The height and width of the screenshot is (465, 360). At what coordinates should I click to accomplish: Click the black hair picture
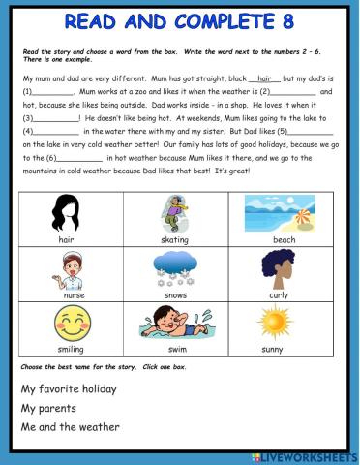tap(67, 211)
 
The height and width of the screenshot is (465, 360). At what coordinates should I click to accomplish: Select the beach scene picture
tap(283, 211)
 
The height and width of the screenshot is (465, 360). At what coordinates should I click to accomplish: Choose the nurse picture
tap(67, 268)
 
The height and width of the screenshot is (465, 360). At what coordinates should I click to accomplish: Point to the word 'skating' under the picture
tap(175, 238)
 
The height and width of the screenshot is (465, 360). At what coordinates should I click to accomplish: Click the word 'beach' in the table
tap(284, 238)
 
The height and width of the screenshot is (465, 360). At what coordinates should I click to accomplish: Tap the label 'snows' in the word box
tap(175, 294)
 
